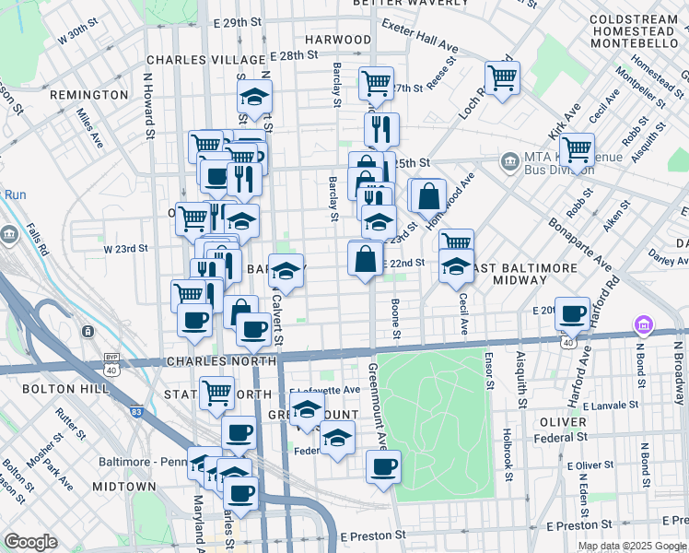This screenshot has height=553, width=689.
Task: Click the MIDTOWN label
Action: coord(123,486)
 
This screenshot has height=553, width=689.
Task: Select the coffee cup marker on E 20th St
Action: coord(574,313)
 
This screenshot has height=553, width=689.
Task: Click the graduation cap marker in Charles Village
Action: coord(254,97)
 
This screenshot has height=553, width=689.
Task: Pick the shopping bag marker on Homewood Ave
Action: coord(428,194)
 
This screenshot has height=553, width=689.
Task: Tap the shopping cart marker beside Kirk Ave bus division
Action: coord(576,148)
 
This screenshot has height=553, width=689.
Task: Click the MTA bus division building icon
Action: coord(508,162)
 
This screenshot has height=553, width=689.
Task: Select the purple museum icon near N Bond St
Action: coord(641,326)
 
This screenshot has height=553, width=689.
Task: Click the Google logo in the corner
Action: coord(29,542)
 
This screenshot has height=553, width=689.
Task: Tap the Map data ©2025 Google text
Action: coord(631,546)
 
